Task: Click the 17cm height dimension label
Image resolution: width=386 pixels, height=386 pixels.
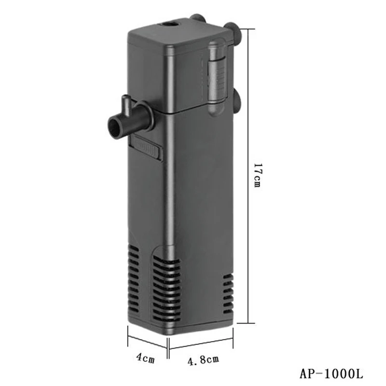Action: [x=257, y=175]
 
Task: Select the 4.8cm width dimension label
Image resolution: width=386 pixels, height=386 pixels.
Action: [x=203, y=359]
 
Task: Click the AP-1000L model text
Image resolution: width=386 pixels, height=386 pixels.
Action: [x=331, y=373]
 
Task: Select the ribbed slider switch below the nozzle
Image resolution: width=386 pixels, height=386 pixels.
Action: [x=145, y=148]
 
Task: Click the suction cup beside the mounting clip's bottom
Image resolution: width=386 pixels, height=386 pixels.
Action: [x=236, y=101]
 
